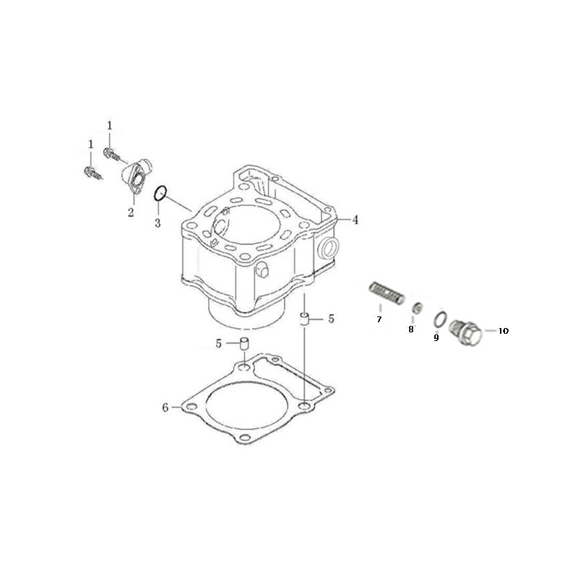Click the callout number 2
coord(131,212)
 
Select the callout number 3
coord(158,223)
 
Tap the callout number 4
coord(355,220)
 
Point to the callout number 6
coord(165,407)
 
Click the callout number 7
coord(379,319)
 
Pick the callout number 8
coord(411,329)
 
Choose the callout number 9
coord(436,337)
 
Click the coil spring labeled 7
coord(387,293)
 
